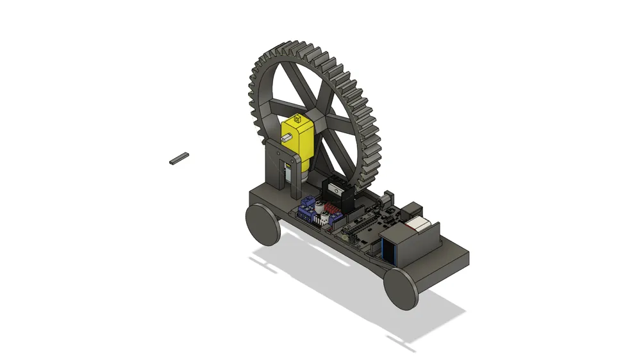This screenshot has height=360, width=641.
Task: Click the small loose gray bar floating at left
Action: pyautogui.click(x=179, y=158)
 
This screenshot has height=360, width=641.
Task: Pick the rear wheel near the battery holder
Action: pyautogui.click(x=402, y=288)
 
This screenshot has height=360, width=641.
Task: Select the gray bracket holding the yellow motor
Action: pyautogui.click(x=277, y=168)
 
